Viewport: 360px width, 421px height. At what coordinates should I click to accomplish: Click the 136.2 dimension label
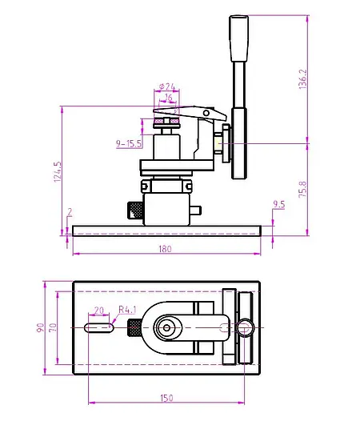pos(302,80)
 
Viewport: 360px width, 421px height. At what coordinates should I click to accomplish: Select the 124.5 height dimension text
pos(56,172)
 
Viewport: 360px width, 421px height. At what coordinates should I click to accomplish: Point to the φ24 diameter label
pos(167,86)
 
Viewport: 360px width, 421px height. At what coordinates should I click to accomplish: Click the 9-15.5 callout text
pos(129,144)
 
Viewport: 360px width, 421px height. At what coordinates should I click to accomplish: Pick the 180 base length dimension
pos(165,249)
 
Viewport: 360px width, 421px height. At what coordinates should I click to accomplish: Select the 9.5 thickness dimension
pos(278,205)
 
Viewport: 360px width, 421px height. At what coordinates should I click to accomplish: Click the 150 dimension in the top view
pos(165,397)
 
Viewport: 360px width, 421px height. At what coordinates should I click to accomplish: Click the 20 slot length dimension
pos(98,311)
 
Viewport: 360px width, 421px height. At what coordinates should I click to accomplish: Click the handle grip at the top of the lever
pos(238,38)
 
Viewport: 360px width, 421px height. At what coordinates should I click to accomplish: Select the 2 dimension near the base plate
pos(70,212)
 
